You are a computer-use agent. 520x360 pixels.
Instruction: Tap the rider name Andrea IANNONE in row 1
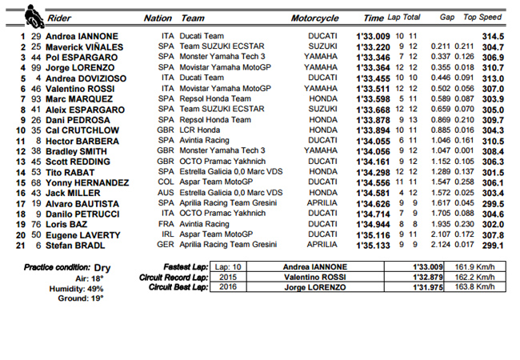pyautogui.click(x=82, y=36)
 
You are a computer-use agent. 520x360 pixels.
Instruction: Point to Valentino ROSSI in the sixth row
pyautogui.click(x=80, y=89)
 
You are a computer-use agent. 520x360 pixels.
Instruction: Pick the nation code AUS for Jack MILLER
pyautogui.click(x=166, y=193)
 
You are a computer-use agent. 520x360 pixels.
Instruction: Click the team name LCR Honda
pyautogui.click(x=201, y=130)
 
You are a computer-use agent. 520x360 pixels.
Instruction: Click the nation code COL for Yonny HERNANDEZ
pyautogui.click(x=166, y=182)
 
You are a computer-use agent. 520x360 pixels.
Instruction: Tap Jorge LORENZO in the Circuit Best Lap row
pyautogui.click(x=314, y=286)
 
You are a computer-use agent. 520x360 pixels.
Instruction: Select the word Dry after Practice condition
pyautogui.click(x=102, y=267)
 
